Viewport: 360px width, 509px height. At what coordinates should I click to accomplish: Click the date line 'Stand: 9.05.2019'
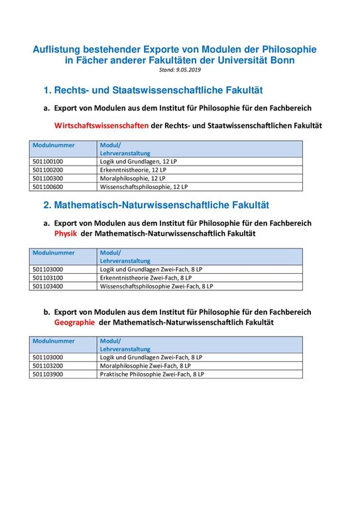180,70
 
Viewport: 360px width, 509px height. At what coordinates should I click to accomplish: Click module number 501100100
47,161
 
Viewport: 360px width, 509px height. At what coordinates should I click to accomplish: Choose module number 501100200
47,170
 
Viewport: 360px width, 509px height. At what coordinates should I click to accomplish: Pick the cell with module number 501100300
47,178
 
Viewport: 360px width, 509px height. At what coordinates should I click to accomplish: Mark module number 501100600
47,187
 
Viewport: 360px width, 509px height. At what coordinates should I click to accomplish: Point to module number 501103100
47,278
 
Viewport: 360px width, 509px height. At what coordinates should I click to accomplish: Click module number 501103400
47,286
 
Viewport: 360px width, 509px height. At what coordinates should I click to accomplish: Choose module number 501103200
47,365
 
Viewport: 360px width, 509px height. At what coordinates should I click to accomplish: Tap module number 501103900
47,374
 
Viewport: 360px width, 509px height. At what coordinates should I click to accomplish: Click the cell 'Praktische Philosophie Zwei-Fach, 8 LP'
152,374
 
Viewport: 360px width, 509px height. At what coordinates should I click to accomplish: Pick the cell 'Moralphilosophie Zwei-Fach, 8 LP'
145,365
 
